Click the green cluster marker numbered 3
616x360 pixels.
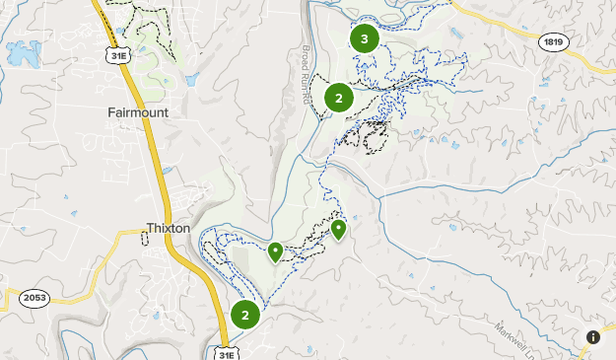pos(365,39)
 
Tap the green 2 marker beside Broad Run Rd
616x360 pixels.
pos(338,98)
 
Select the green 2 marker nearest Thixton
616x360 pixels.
pos(244,316)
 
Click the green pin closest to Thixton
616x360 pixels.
pos(275,252)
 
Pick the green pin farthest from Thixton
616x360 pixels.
pos(338,229)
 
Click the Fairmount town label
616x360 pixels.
pos(138,112)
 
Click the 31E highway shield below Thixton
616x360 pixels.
pos(226,351)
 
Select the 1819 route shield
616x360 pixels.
pos(553,41)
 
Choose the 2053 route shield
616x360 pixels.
pos(34,297)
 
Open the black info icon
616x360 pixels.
pos(593,337)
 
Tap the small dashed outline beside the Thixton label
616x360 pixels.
pos(145,238)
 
